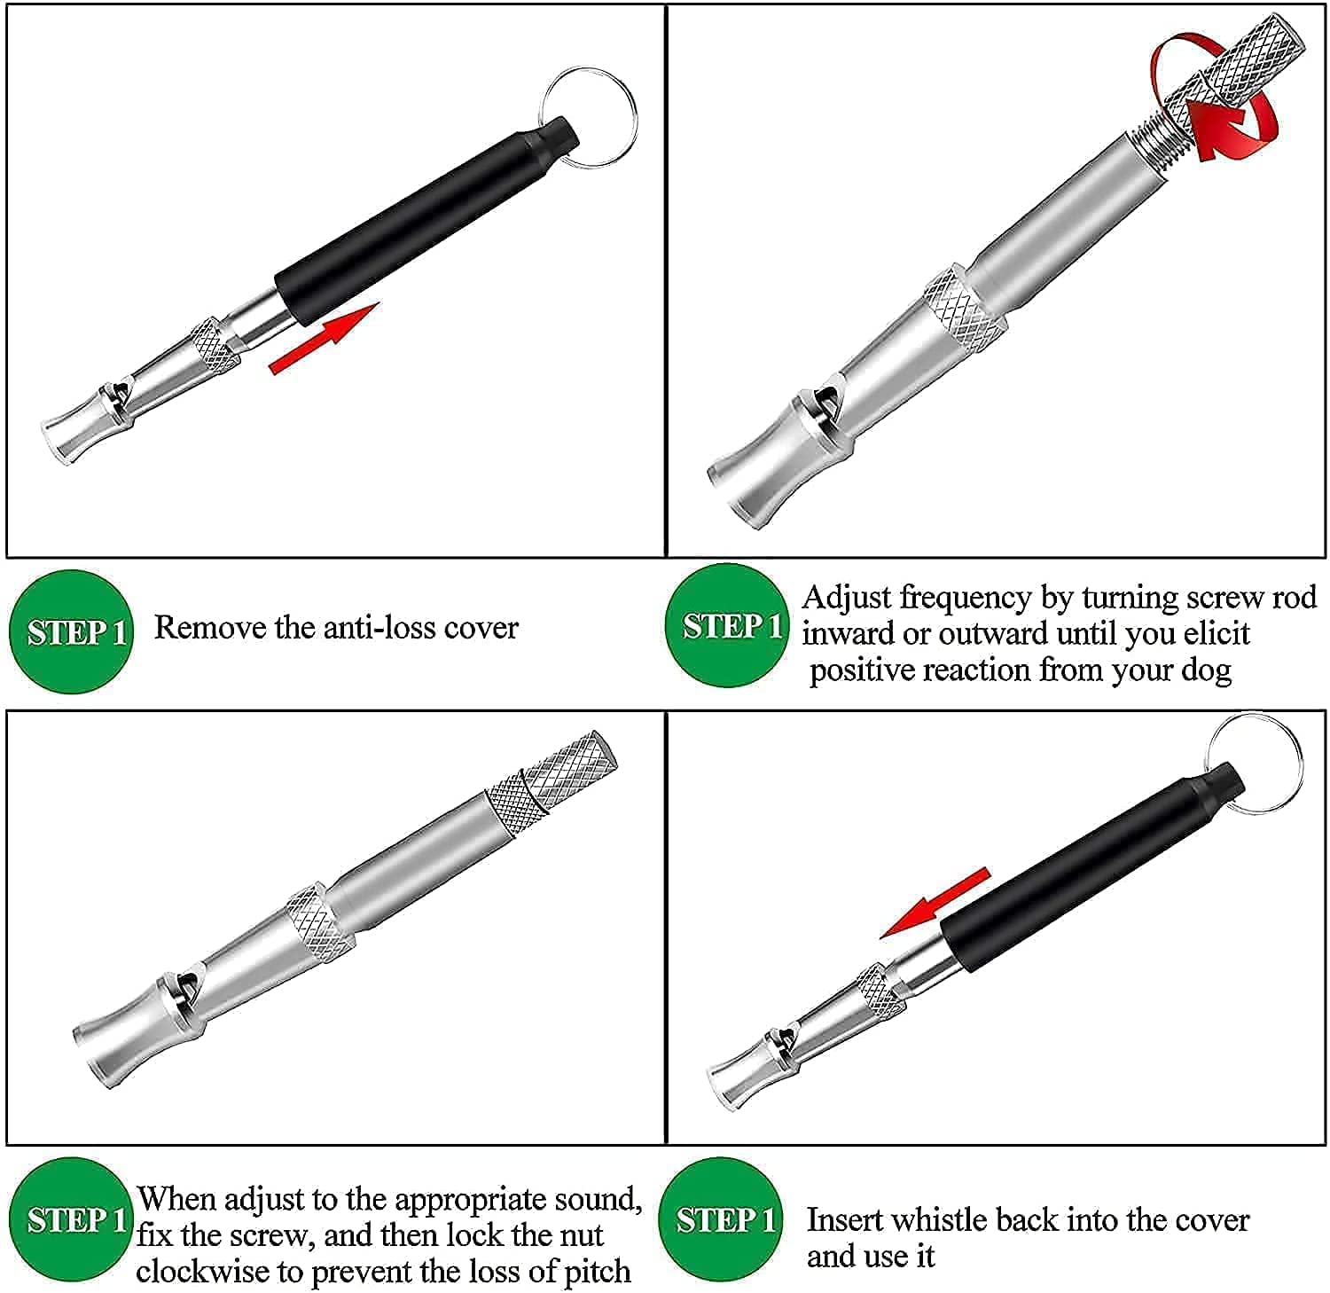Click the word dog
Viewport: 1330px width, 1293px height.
[1207, 670]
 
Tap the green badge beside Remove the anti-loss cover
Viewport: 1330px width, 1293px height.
[71, 631]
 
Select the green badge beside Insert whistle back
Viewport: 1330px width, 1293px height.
[722, 1220]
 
